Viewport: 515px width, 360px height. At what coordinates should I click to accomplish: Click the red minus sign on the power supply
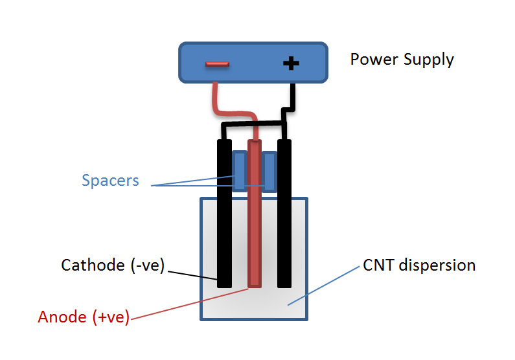[217, 64]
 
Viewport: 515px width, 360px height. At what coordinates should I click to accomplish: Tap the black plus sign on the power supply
[291, 63]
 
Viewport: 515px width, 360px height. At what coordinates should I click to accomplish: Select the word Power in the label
[374, 60]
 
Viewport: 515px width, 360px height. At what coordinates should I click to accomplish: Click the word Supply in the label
[429, 60]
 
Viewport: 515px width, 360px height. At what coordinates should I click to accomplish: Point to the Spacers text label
[110, 181]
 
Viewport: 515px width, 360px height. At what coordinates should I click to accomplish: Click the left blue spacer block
[240, 171]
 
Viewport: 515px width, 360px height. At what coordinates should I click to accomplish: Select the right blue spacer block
[269, 171]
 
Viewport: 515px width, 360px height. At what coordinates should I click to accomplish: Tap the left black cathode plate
[225, 214]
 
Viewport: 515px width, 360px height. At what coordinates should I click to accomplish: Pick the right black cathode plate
[284, 214]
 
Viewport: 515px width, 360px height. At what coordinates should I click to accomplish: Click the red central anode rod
[255, 214]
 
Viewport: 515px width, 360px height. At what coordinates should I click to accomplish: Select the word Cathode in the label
[93, 265]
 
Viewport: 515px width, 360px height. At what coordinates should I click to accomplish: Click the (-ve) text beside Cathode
[148, 265]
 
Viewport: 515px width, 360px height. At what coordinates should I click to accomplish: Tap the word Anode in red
[62, 317]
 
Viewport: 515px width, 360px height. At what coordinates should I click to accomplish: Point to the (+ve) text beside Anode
[111, 317]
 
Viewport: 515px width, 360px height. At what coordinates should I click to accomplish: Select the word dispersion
[437, 265]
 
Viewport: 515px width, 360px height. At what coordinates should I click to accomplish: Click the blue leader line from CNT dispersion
[323, 286]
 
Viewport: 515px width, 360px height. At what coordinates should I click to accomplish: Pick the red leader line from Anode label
[190, 304]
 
